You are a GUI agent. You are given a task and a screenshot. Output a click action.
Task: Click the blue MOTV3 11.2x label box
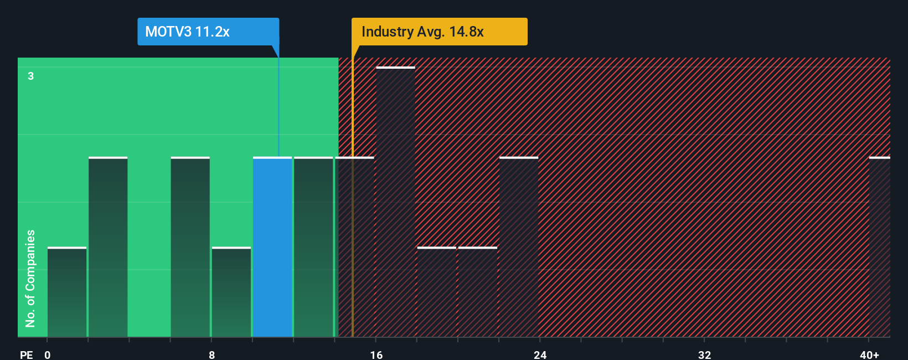208,32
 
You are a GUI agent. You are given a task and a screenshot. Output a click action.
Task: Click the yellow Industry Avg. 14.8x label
439,32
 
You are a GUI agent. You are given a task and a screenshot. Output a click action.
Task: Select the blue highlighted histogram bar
272,247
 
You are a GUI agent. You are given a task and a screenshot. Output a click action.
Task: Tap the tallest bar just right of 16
395,202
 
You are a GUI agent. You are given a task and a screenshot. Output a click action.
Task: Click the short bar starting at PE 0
67,292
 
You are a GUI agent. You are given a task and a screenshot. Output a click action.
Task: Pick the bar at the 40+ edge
879,247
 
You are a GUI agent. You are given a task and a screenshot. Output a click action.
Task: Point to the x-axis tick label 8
211,354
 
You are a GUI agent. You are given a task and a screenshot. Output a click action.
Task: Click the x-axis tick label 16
376,354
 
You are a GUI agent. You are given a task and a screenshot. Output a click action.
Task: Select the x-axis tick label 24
540,354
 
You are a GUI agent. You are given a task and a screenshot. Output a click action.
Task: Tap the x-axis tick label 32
704,354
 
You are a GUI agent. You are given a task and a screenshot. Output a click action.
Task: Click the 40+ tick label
869,354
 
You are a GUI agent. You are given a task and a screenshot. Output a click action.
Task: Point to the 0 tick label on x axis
48,354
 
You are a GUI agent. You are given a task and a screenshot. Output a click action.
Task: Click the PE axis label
26,354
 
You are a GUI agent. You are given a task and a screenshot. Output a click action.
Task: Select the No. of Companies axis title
30,278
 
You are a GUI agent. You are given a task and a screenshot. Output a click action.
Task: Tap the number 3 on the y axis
31,76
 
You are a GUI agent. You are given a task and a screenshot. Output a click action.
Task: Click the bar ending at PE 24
519,247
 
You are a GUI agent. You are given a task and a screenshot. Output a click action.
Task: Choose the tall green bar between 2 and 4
108,247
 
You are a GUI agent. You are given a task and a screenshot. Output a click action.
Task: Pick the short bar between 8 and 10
231,292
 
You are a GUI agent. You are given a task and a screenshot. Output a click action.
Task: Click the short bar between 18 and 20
436,292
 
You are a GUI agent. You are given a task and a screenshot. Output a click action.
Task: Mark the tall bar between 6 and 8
190,247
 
